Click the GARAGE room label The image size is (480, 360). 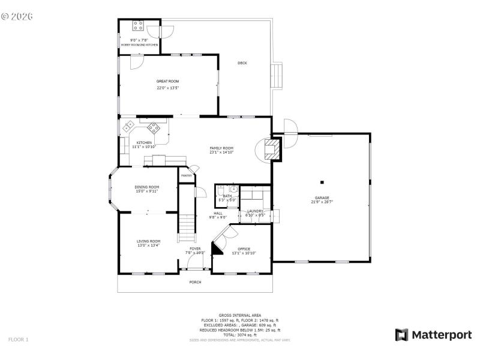tap(322, 197)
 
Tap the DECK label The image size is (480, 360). tap(242, 63)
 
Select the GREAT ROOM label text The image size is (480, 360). tap(168, 81)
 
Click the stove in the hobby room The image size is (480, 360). tap(138, 26)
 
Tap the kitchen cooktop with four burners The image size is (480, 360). tap(154, 127)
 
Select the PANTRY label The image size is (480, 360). tap(186, 175)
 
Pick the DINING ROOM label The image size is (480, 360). tap(146, 187)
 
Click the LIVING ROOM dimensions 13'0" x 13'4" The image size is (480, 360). tap(148, 245)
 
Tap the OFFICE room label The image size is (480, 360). tap(244, 248)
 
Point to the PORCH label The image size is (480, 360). tap(195, 282)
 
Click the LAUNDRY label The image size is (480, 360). tap(256, 211)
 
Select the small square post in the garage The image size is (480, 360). tap(322, 182)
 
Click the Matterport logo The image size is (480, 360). tap(433, 335)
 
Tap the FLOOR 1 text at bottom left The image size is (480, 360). tap(18, 340)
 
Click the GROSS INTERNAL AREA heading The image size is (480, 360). tap(240, 316)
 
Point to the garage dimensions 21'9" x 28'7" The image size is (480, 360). tap(322, 202)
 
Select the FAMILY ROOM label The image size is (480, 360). tap(221, 148)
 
